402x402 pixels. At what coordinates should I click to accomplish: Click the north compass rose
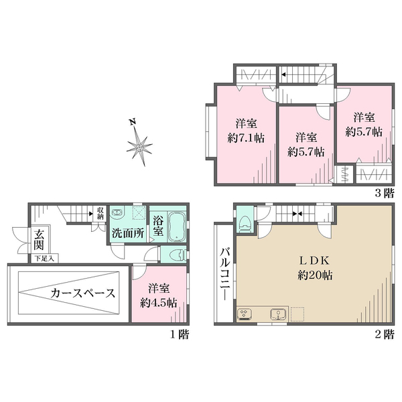point(139,147)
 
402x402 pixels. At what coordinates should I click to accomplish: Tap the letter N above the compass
point(132,121)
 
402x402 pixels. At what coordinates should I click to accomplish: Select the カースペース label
point(82,293)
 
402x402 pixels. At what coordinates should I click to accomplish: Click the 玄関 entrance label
point(39,240)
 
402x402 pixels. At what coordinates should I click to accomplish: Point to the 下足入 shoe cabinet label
point(45,259)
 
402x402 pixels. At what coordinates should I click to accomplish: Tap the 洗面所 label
point(128,233)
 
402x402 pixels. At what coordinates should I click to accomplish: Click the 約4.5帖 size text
point(159,303)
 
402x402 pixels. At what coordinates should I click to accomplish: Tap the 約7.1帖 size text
point(246,139)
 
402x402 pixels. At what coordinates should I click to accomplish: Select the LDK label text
point(314,261)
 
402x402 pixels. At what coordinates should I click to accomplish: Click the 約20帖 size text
point(315,275)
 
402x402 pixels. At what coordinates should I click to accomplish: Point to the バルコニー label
point(225,273)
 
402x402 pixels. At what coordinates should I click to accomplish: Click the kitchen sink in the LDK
point(278,314)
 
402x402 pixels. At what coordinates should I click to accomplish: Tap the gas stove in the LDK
point(245,314)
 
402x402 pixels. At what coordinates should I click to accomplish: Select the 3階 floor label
point(384,193)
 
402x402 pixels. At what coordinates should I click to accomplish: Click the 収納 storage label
point(100,213)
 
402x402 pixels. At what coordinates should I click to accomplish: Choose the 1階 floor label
point(180,334)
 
